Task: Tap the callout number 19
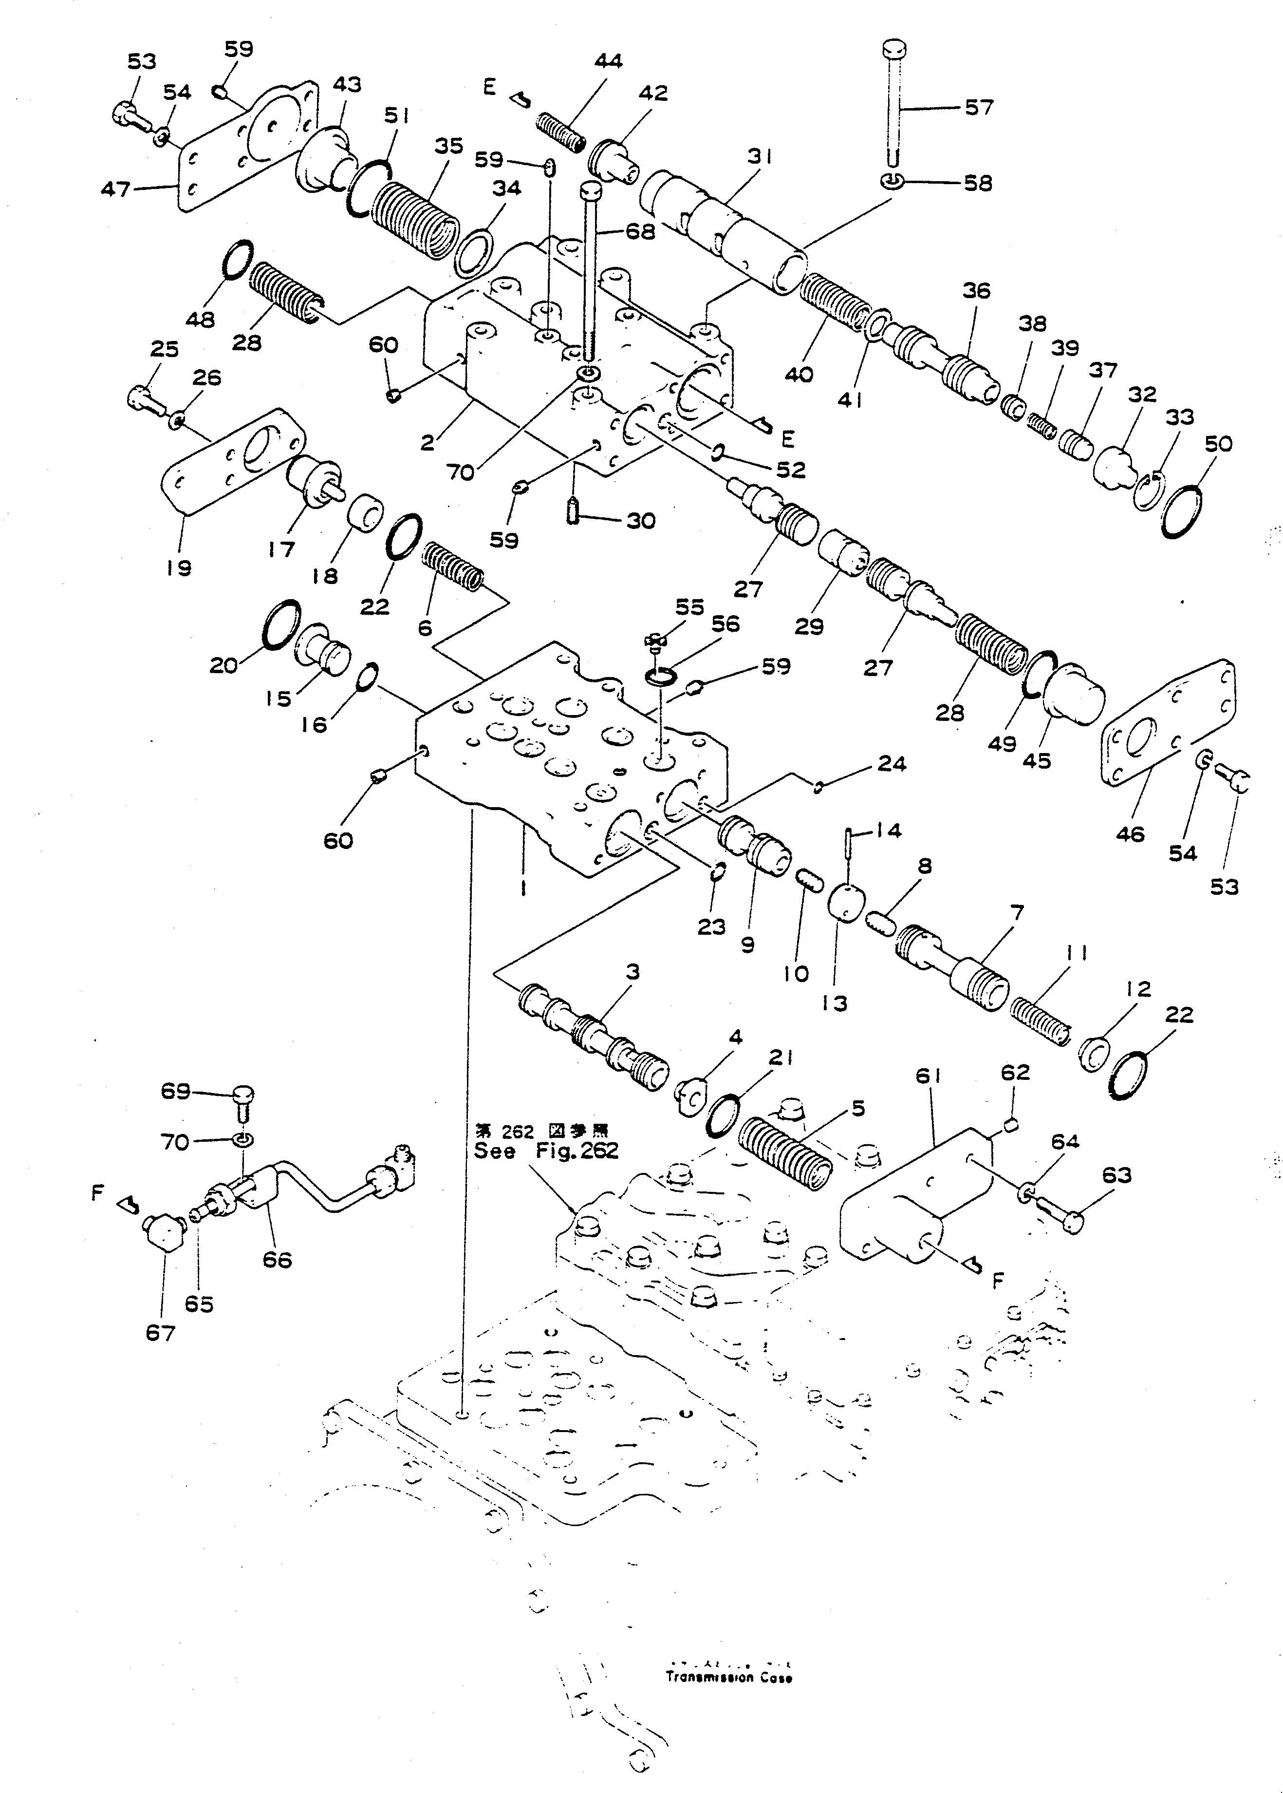click(179, 567)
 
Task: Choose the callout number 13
click(834, 1003)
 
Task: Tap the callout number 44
click(608, 61)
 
